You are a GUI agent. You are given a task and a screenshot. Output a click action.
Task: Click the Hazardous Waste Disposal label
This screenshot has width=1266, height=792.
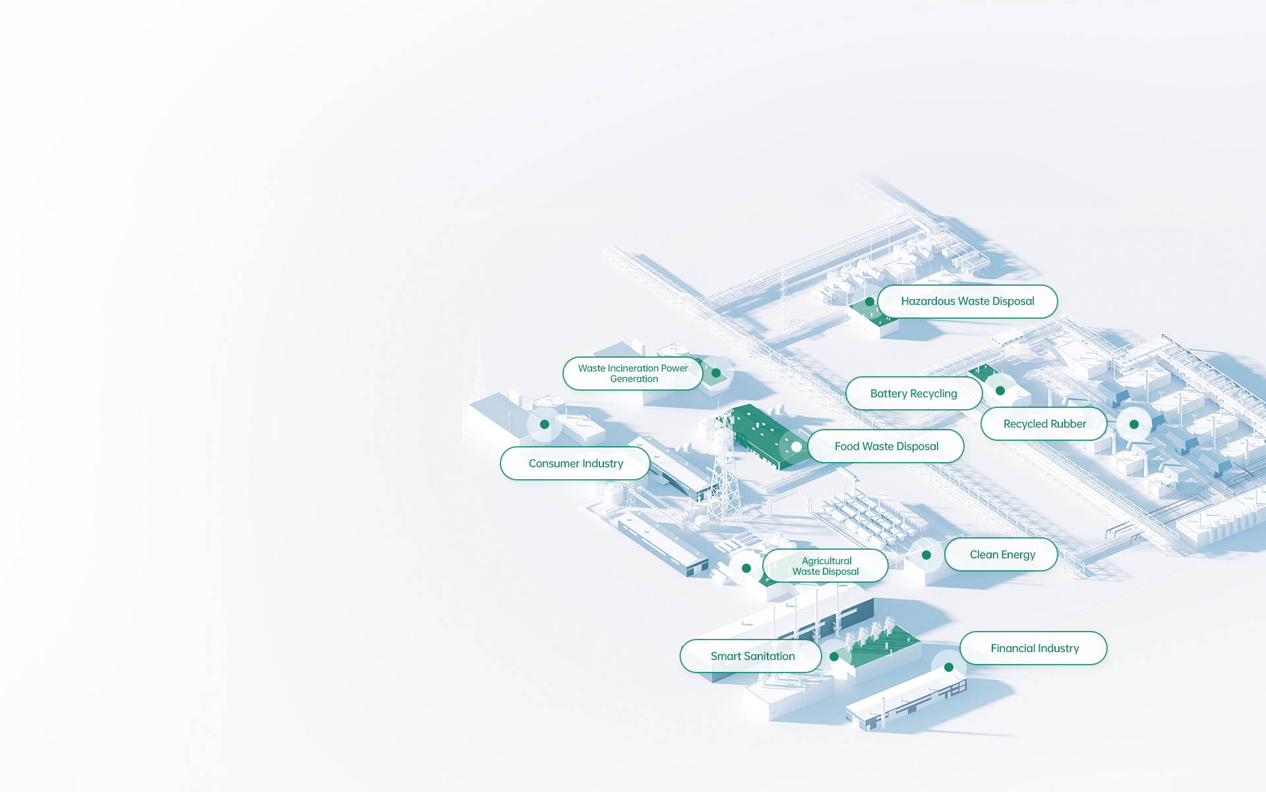click(x=967, y=302)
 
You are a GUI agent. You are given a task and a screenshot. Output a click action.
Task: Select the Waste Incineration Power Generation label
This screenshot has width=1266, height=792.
click(x=632, y=374)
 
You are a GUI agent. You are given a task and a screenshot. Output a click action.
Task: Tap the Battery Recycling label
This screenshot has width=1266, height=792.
click(x=914, y=393)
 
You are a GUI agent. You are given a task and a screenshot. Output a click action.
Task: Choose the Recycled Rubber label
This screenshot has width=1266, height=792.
click(x=1044, y=424)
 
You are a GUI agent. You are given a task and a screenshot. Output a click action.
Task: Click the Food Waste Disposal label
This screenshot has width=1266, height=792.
click(x=886, y=446)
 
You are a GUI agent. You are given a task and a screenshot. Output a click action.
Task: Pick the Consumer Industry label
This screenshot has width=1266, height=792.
click(x=575, y=463)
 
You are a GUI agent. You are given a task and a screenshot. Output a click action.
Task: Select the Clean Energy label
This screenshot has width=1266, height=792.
click(x=1002, y=554)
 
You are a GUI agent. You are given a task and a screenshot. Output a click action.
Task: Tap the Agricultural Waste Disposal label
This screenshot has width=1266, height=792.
click(x=826, y=566)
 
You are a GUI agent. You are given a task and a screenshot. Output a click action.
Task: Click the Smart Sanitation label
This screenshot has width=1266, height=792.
click(x=751, y=656)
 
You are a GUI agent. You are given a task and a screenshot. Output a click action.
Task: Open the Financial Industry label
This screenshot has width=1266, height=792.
click(x=1033, y=648)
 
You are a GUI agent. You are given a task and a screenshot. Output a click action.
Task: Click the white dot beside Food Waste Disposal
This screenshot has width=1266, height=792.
click(x=797, y=447)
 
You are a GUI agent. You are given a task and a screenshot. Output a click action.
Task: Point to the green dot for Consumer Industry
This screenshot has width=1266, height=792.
click(x=545, y=424)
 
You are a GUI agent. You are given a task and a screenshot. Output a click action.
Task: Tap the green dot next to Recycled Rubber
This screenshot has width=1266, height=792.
click(x=1134, y=424)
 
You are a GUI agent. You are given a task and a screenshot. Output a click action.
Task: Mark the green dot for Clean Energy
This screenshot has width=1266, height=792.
click(x=926, y=555)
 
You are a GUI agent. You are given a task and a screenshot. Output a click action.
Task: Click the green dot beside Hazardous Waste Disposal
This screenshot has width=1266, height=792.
click(x=870, y=302)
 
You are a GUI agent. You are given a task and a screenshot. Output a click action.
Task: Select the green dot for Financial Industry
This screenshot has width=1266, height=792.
click(x=949, y=667)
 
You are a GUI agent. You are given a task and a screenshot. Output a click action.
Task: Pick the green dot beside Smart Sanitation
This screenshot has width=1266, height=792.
click(x=834, y=657)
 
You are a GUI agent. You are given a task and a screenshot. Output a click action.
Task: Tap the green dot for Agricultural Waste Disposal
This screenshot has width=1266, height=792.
click(x=746, y=568)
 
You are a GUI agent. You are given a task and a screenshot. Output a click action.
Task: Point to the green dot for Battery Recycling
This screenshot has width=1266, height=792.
click(x=1000, y=391)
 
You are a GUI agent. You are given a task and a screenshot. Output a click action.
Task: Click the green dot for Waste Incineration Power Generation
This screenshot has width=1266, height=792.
click(x=716, y=373)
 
